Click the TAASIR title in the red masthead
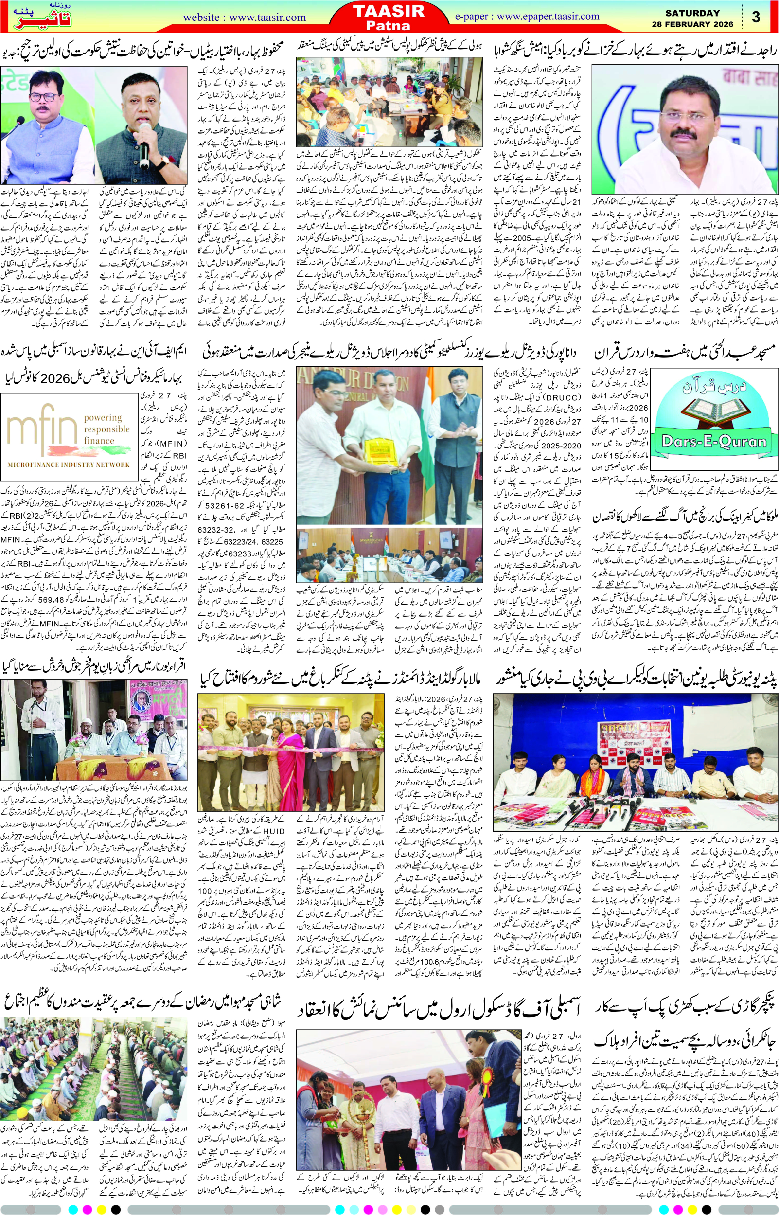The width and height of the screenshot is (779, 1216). (389, 11)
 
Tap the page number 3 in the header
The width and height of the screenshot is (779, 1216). (756, 17)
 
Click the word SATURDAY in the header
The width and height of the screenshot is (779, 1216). (692, 13)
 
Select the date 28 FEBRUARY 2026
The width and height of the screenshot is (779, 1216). (692, 24)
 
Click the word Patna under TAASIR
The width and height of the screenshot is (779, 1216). (389, 25)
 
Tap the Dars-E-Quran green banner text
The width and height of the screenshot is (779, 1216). (714, 442)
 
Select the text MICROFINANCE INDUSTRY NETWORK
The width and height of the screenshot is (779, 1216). (69, 465)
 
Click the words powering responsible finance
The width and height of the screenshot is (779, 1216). (106, 429)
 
